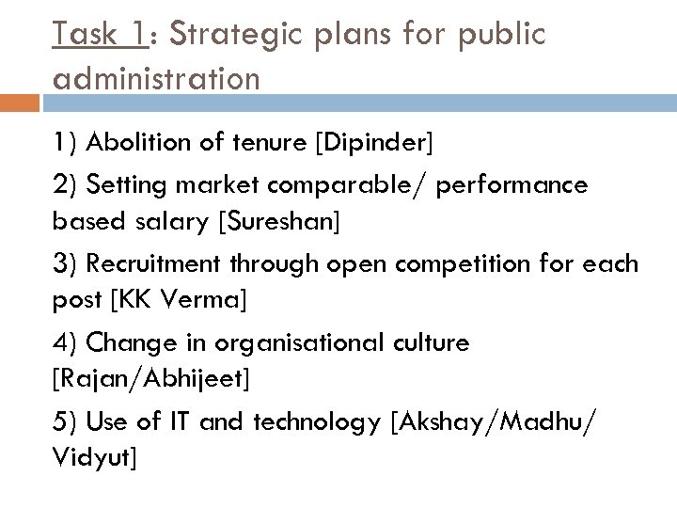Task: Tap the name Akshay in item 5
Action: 442,422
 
